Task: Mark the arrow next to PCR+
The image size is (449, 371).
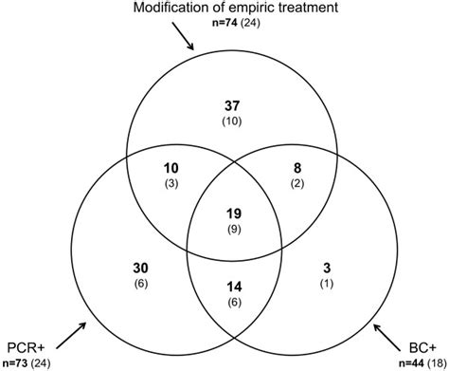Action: tap(70, 334)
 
